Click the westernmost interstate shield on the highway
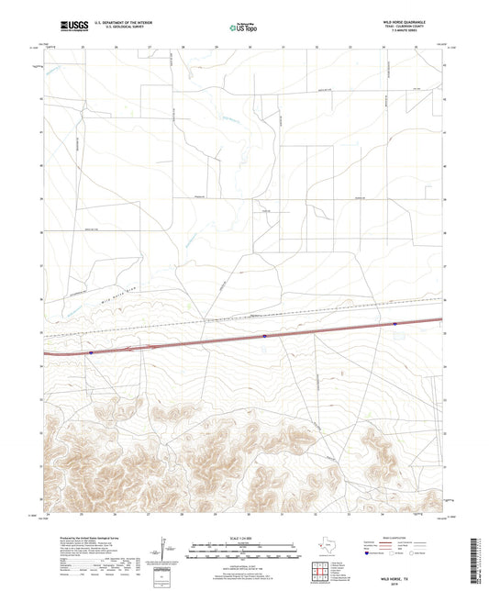(92, 350)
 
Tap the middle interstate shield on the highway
(263, 336)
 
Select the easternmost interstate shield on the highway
(395, 324)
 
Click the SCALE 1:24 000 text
(243, 537)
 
